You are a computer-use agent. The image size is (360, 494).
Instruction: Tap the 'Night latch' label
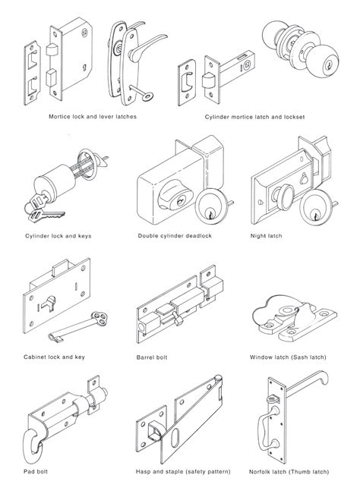click(x=266, y=236)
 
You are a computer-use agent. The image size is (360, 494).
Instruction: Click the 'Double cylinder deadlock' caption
click(x=173, y=236)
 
